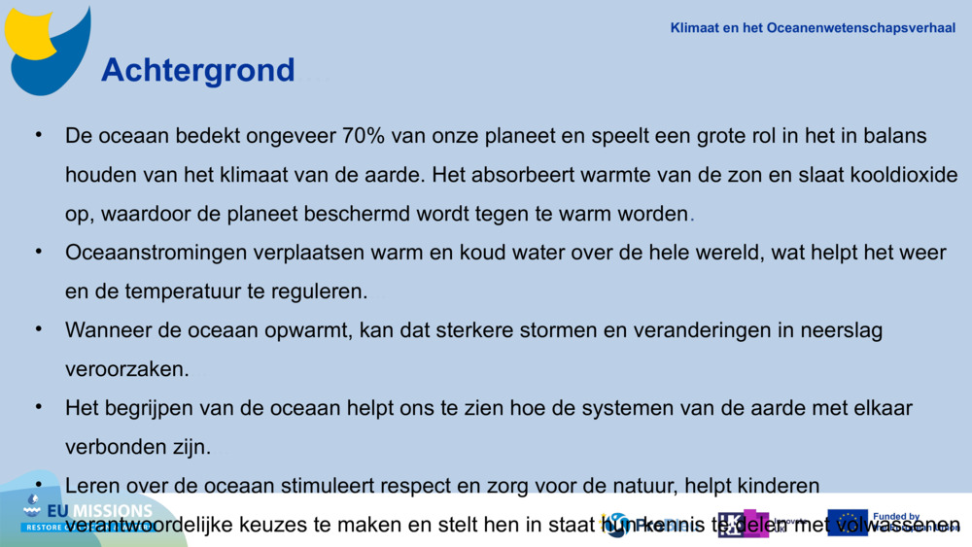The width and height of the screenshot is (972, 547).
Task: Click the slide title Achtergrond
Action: pyautogui.click(x=197, y=70)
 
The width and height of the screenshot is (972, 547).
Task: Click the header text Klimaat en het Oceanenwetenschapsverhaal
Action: pyautogui.click(x=813, y=28)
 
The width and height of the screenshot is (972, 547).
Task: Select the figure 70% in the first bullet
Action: pyautogui.click(x=365, y=136)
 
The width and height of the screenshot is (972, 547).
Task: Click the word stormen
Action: pyautogui.click(x=560, y=330)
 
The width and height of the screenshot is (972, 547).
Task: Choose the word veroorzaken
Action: pyautogui.click(x=126, y=370)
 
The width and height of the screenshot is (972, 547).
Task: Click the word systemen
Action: pyautogui.click(x=630, y=409)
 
